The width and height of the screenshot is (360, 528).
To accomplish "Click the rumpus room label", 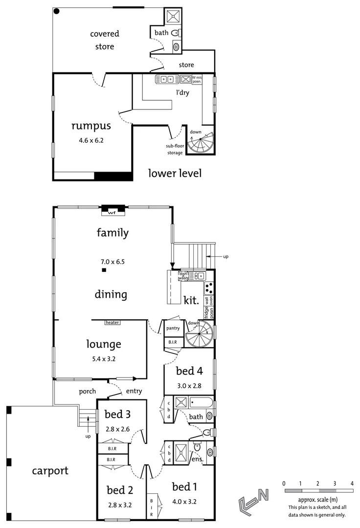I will [91, 126].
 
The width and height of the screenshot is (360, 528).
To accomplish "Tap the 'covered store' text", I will [105, 40].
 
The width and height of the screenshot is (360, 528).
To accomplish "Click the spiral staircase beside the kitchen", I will [200, 334].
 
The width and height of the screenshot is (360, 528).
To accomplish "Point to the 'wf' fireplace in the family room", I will [112, 212].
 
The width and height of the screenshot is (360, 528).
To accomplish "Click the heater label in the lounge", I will [112, 323].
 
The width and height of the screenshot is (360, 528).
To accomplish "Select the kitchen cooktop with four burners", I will [209, 287].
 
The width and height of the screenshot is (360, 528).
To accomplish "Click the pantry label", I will [173, 328].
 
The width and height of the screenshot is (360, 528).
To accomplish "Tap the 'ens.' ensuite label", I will [197, 460].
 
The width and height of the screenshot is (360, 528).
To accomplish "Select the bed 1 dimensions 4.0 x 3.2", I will [184, 501].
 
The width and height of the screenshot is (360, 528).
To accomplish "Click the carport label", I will [50, 471].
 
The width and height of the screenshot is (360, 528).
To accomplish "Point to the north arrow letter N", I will [264, 495].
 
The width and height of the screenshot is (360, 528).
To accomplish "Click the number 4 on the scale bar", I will [352, 484].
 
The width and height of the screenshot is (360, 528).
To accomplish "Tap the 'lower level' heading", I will [175, 173].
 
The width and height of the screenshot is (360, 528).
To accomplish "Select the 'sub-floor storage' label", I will [174, 150].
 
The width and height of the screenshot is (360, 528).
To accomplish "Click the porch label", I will [88, 391].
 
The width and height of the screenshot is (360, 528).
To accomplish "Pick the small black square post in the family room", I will [104, 270].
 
